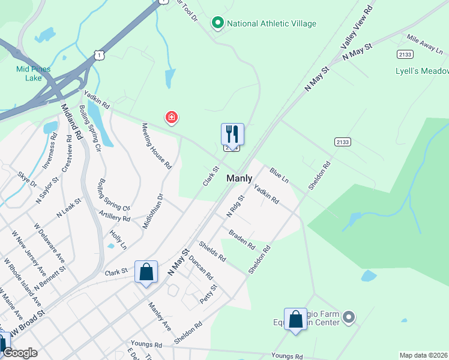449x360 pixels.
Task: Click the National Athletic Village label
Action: [271, 24]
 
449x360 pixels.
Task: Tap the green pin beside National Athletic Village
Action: [217, 23]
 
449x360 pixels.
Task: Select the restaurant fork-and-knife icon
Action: [232, 134]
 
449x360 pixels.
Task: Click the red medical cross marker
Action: [172, 117]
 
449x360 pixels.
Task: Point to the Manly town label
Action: [239, 179]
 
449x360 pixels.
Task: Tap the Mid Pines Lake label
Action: [29, 73]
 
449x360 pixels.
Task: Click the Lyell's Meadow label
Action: [422, 71]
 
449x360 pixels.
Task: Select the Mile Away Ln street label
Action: [424, 41]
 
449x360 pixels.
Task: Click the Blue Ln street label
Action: [279, 176]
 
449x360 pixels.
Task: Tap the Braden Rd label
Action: [242, 239]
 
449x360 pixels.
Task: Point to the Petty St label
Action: [209, 294]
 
